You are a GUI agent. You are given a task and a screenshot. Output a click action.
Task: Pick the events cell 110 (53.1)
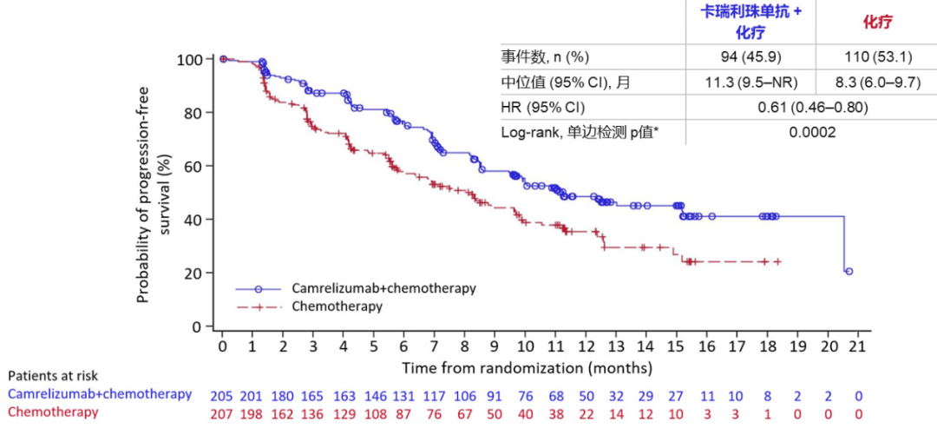click(875, 58)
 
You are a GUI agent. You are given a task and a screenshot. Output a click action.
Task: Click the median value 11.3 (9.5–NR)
click(750, 83)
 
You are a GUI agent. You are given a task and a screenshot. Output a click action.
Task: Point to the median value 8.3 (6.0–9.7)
click(875, 83)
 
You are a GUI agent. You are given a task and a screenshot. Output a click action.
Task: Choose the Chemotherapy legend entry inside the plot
click(337, 306)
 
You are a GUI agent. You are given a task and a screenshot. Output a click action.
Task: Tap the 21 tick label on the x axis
click(857, 346)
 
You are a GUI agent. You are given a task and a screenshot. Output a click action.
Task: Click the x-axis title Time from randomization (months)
click(539, 367)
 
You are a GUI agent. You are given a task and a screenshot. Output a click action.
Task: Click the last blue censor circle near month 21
click(849, 272)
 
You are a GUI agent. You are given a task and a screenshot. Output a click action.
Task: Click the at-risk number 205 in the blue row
click(222, 394)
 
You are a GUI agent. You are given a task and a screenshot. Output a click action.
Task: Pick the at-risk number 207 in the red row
click(222, 412)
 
